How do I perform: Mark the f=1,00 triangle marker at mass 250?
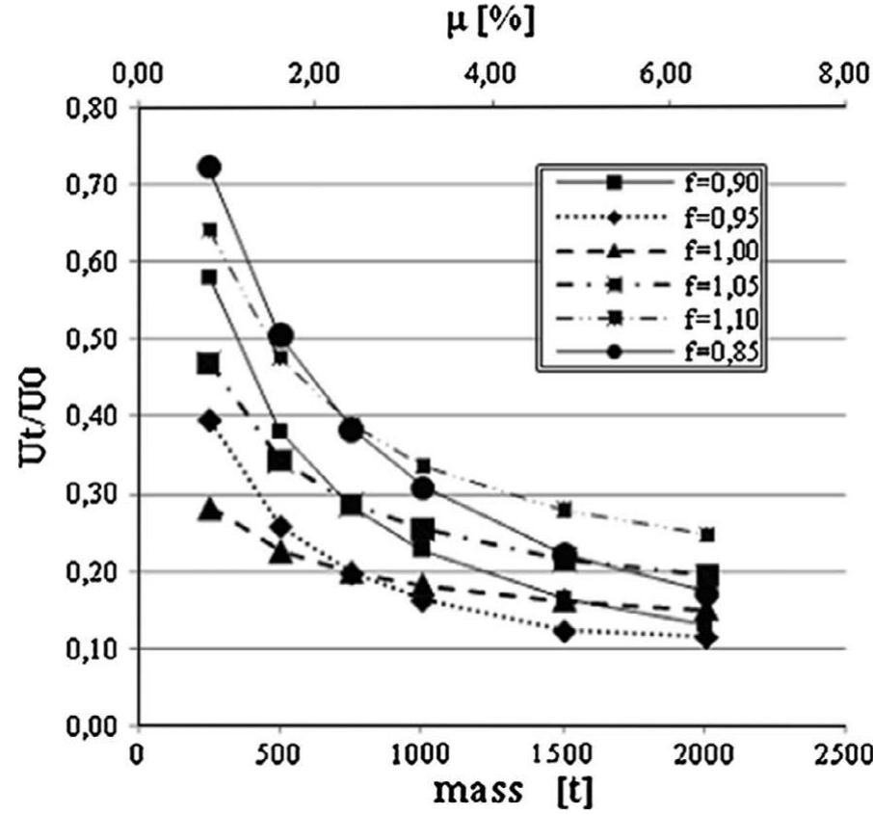tap(210, 509)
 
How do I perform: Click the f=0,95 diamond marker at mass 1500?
tap(564, 631)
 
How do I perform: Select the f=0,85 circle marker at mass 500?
tap(281, 335)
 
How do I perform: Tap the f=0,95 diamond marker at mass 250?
tap(210, 420)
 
